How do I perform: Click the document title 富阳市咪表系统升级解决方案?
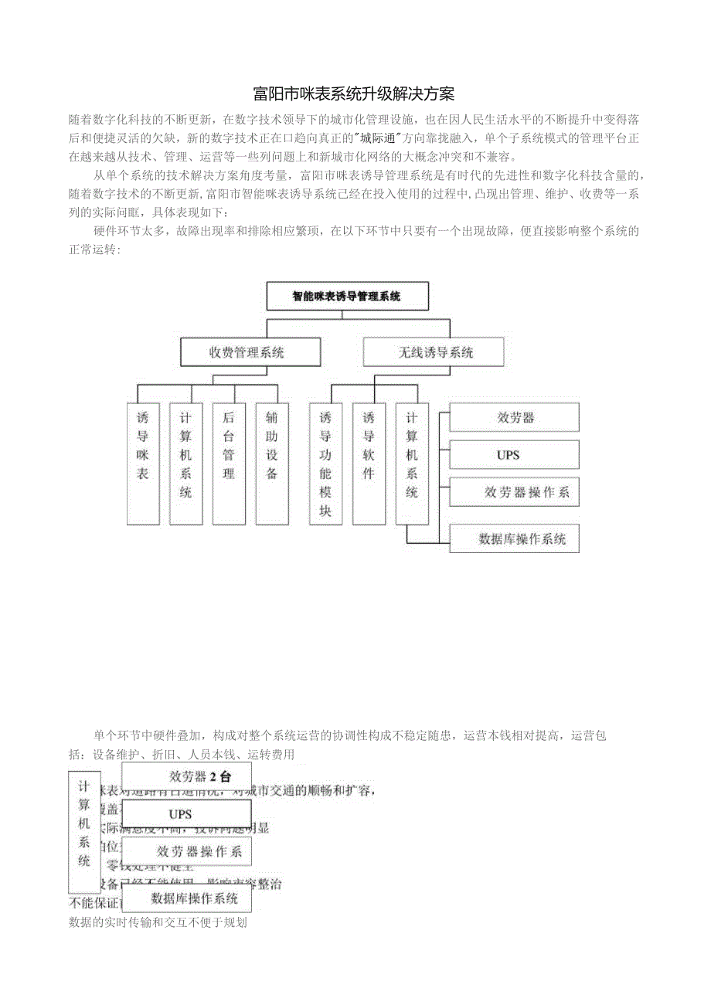coord(355,94)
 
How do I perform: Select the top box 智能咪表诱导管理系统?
coord(347,296)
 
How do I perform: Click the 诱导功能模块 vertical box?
coord(325,463)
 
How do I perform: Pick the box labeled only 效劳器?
coord(514,418)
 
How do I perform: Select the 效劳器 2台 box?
coord(186,777)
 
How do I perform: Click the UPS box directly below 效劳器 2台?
coord(186,814)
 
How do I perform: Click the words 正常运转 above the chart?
coord(94,250)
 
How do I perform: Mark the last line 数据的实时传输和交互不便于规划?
coord(158,922)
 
